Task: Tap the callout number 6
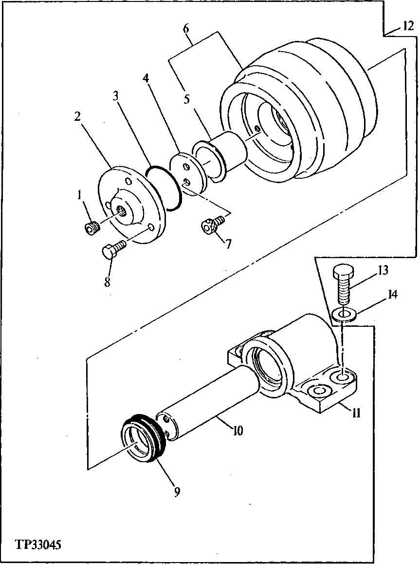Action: (x=186, y=29)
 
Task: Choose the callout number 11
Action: (x=357, y=414)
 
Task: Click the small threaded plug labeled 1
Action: (x=91, y=227)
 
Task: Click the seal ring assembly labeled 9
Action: (x=145, y=438)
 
